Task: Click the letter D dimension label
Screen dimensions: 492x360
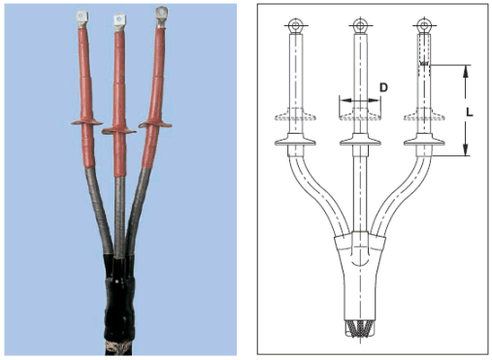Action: pos(383,87)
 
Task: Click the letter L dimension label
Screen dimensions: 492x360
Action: pos(470,113)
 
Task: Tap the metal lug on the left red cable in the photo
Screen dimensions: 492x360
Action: pos(82,19)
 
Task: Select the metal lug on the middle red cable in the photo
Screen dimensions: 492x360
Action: pos(119,22)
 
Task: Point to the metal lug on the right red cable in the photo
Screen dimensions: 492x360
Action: pos(161,16)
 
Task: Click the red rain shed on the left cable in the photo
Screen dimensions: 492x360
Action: pos(86,122)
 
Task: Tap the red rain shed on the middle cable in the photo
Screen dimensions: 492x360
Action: pos(118,130)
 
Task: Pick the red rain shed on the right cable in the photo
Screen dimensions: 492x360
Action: pos(155,124)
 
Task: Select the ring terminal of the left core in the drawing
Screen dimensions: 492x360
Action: pos(296,25)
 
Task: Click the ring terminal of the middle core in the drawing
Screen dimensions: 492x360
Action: pos(360,25)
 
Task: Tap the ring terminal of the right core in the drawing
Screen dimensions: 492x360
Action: pos(424,25)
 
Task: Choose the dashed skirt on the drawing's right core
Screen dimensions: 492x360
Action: pos(424,115)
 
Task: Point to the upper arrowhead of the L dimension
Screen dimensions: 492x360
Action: pos(466,71)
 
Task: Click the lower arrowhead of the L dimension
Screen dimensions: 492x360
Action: pos(466,149)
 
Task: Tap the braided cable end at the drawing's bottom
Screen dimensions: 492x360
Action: pos(360,329)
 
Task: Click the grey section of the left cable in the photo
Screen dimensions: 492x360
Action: pos(99,211)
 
